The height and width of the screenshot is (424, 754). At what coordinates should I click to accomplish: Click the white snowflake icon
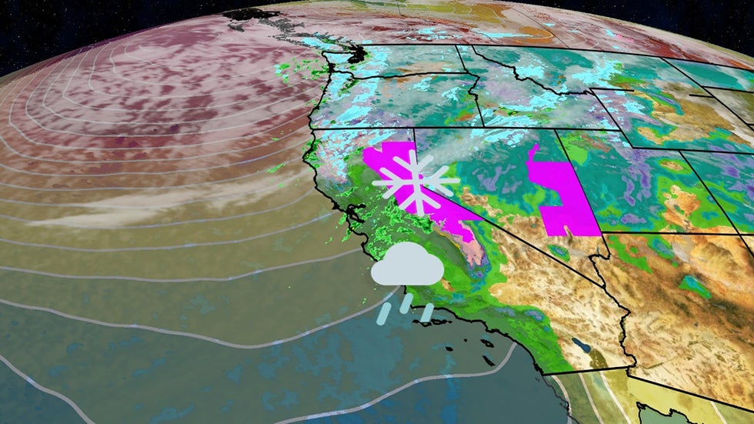tap(415, 182)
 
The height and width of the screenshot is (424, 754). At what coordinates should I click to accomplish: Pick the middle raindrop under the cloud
tap(405, 303)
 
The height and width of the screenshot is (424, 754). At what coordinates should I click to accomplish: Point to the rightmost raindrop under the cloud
tap(427, 312)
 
